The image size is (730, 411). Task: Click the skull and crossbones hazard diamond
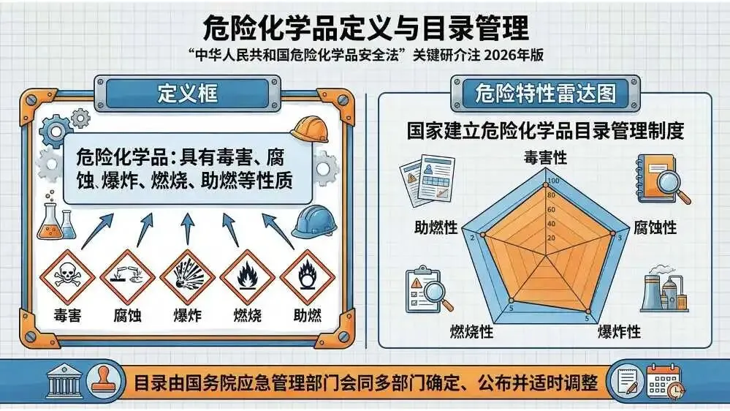(67, 277)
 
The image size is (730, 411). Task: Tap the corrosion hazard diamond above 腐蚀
(128, 277)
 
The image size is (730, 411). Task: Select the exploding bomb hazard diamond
(188, 277)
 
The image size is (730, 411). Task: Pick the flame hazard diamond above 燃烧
(248, 277)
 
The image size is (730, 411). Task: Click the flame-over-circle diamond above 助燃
(307, 277)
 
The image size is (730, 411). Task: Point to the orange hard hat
(310, 129)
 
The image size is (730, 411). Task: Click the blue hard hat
(315, 222)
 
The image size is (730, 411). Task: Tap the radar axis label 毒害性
(545, 157)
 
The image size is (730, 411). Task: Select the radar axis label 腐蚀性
(655, 227)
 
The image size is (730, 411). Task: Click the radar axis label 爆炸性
(619, 332)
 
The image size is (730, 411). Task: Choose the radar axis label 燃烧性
(471, 332)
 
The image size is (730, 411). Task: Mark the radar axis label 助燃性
(436, 227)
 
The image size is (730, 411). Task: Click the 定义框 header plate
(188, 94)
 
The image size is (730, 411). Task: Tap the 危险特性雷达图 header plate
(545, 94)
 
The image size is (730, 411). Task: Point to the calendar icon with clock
(665, 382)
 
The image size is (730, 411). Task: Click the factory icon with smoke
(664, 289)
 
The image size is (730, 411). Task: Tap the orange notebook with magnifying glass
(663, 179)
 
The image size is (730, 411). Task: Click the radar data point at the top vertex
(546, 186)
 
